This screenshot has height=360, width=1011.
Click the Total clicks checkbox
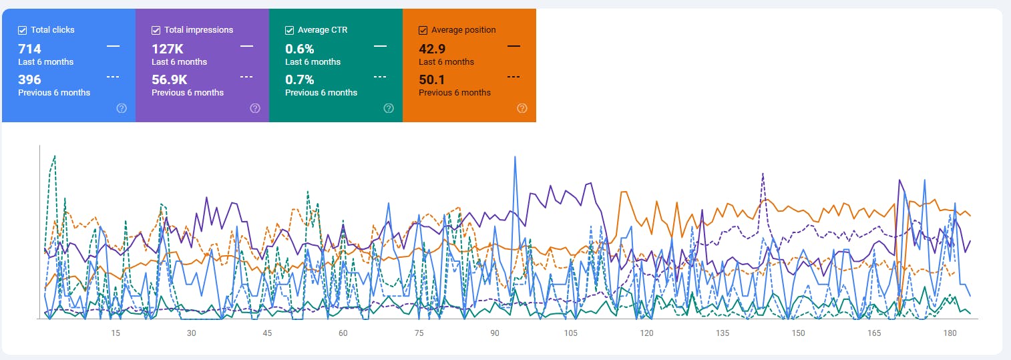coord(23,30)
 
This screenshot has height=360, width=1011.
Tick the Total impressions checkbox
coord(156,30)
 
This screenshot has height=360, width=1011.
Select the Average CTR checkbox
coord(290,30)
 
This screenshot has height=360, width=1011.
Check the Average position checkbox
coord(423,30)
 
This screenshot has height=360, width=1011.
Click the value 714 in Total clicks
coord(30,49)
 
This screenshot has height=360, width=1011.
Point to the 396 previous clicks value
coord(30,79)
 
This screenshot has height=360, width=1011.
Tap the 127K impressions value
coord(167,49)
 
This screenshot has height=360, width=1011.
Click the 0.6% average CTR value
coord(299,49)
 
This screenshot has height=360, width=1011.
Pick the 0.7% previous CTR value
coord(299,79)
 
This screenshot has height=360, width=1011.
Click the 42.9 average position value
coord(432,49)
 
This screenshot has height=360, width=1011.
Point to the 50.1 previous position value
coord(431,79)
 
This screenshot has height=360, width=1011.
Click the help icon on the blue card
coord(122,108)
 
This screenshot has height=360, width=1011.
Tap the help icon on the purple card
coord(255,108)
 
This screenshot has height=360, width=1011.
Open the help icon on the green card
coord(389,108)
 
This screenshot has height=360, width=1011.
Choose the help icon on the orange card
coord(522,108)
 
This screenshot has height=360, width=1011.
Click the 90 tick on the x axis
coord(495,333)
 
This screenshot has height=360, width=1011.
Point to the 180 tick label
coord(950,333)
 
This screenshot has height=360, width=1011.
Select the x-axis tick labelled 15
coord(116,333)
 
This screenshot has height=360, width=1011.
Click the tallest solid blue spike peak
coord(515,158)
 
